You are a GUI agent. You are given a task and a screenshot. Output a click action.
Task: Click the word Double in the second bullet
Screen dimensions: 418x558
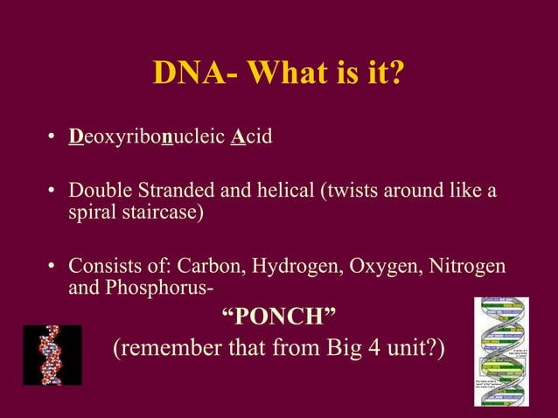pos(97,190)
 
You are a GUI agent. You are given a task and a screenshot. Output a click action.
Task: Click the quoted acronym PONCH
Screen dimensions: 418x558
pos(279,317)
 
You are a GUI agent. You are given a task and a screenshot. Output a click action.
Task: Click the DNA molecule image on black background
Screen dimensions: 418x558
pos(52,355)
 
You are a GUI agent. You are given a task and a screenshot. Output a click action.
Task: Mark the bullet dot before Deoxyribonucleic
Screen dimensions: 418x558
pos(52,139)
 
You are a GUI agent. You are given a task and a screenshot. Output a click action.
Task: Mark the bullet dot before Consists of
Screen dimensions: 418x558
pos(52,264)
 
